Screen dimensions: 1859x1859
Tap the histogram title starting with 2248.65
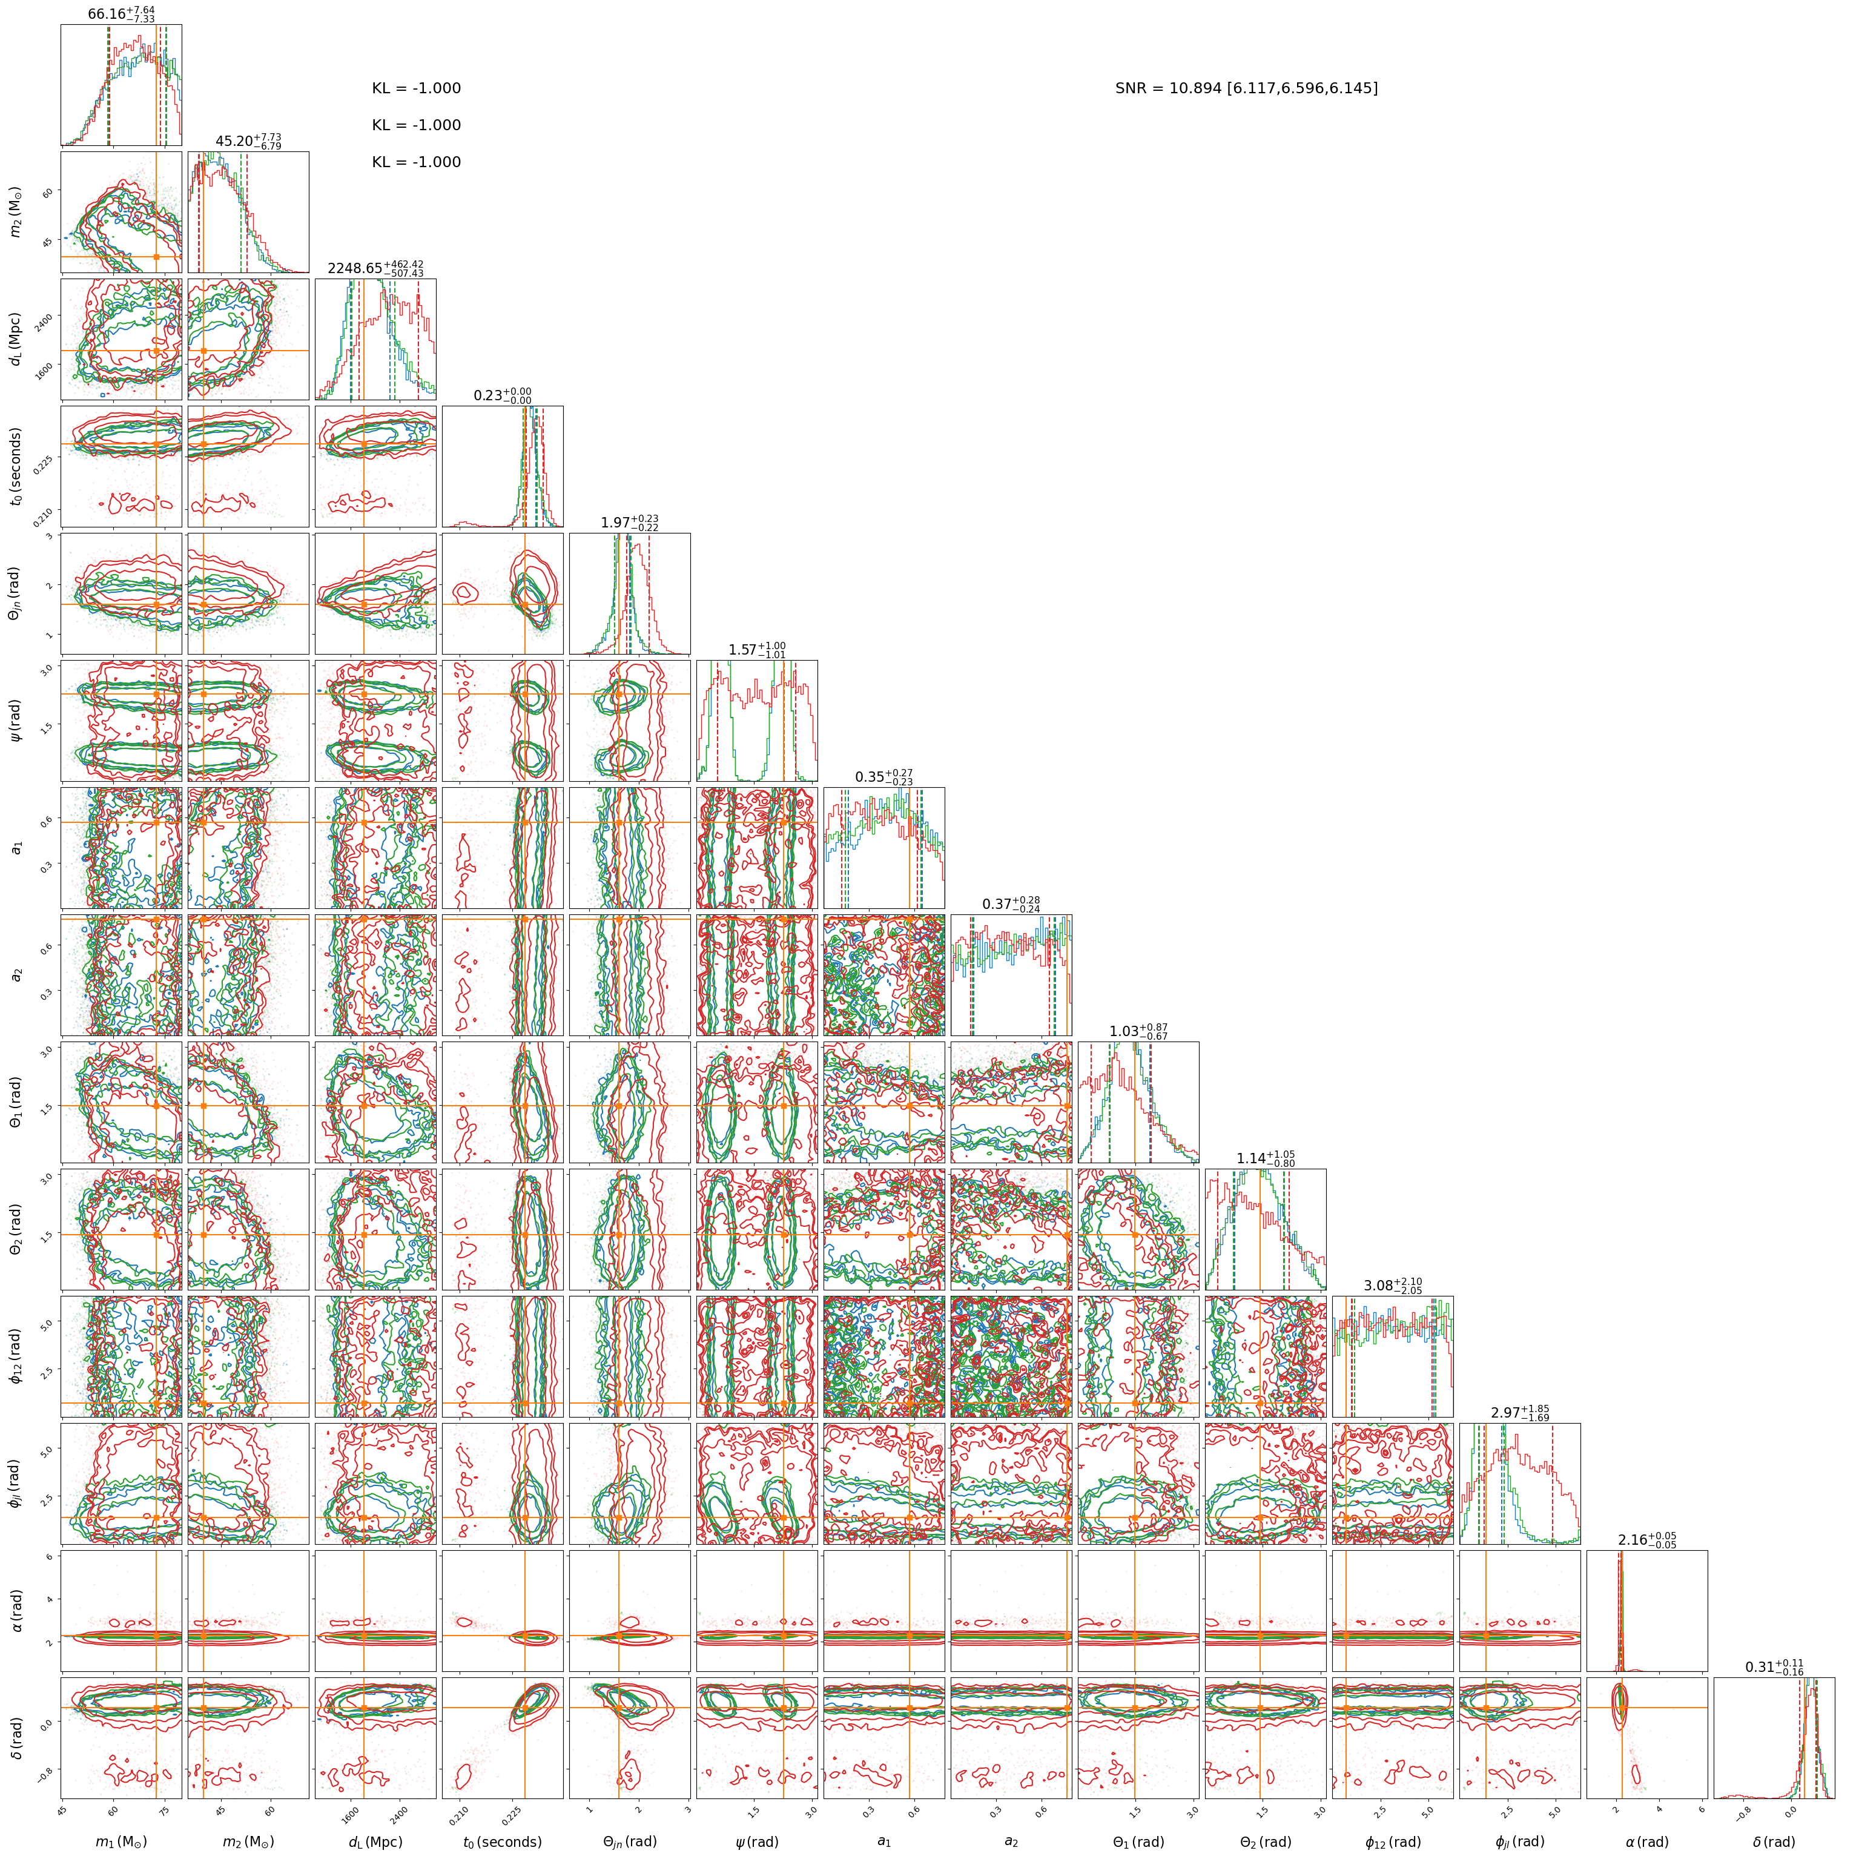[375, 268]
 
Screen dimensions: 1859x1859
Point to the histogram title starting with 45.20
[248, 142]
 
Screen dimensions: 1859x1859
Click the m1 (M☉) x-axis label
[121, 1841]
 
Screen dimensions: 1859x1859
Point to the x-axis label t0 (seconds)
[502, 1841]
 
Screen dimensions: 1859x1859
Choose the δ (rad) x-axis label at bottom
[1774, 1841]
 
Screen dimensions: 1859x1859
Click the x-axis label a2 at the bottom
[1011, 1841]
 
